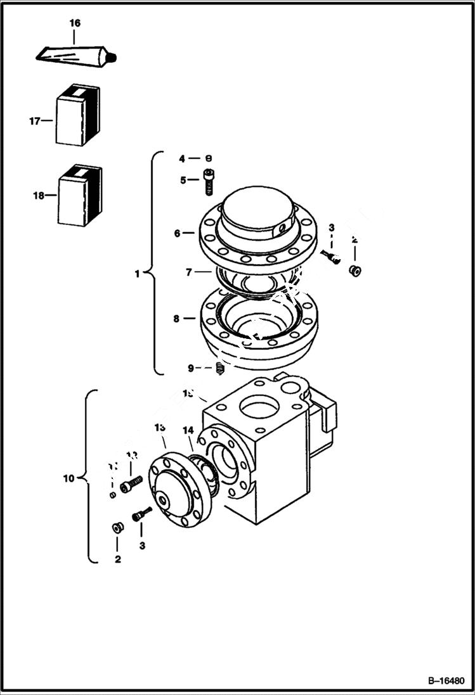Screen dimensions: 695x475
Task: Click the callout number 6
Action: tap(178, 233)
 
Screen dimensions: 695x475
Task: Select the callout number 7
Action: tap(188, 272)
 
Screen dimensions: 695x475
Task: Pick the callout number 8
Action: tap(177, 319)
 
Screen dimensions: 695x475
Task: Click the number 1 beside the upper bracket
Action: tap(137, 274)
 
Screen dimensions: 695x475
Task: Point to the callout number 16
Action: tap(75, 23)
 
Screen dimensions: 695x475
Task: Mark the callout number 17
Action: tap(34, 120)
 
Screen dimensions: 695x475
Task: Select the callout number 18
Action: tap(39, 196)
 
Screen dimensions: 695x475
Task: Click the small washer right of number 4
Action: tap(208, 158)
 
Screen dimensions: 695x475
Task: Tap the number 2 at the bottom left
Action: tap(117, 559)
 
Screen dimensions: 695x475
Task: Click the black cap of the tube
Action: tap(115, 59)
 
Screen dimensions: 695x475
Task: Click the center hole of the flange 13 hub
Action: tap(163, 500)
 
